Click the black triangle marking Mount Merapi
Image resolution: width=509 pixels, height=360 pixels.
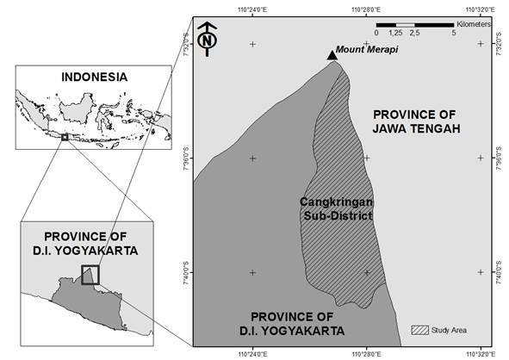(332, 56)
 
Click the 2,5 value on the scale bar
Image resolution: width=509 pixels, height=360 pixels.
(414, 32)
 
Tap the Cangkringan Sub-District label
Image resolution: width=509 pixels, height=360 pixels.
(335, 208)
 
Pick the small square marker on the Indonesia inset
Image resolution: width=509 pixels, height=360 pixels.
(64, 136)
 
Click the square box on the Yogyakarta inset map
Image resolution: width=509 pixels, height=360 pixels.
(90, 274)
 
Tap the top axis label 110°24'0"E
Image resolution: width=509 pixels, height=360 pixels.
(252, 9)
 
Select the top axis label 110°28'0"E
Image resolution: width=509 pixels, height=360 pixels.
(367, 9)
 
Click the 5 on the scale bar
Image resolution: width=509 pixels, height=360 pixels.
(453, 32)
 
